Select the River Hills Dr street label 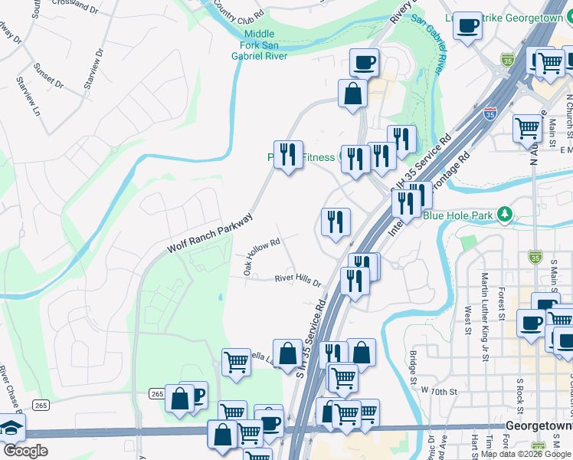[298, 281]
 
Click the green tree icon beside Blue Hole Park [504, 214]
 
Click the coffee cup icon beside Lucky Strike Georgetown [467, 26]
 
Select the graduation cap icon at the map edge [9, 428]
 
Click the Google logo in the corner [25, 451]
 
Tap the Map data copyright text [526, 454]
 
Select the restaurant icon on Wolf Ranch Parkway [288, 155]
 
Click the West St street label [467, 321]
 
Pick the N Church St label [568, 110]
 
